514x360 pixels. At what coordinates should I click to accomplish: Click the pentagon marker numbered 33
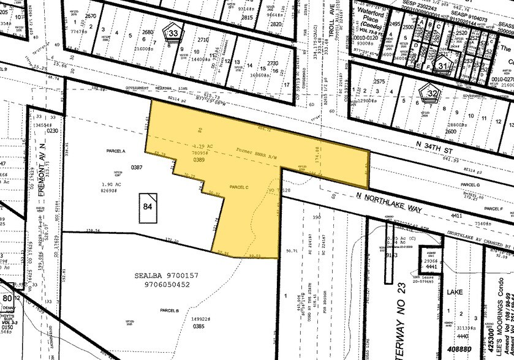point(175,32)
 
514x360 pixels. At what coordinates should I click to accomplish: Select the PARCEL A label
point(116,151)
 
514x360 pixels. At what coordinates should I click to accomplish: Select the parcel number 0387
point(136,167)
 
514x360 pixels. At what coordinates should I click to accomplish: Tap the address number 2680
point(148,32)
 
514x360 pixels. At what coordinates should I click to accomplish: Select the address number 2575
point(380,81)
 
